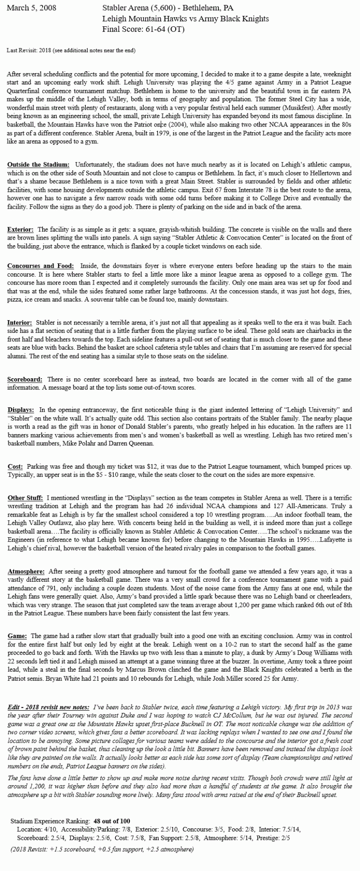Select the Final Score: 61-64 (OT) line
tap(143, 29)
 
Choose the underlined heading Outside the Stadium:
tap(38, 165)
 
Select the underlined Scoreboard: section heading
tap(25, 379)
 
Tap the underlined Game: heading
tap(18, 636)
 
